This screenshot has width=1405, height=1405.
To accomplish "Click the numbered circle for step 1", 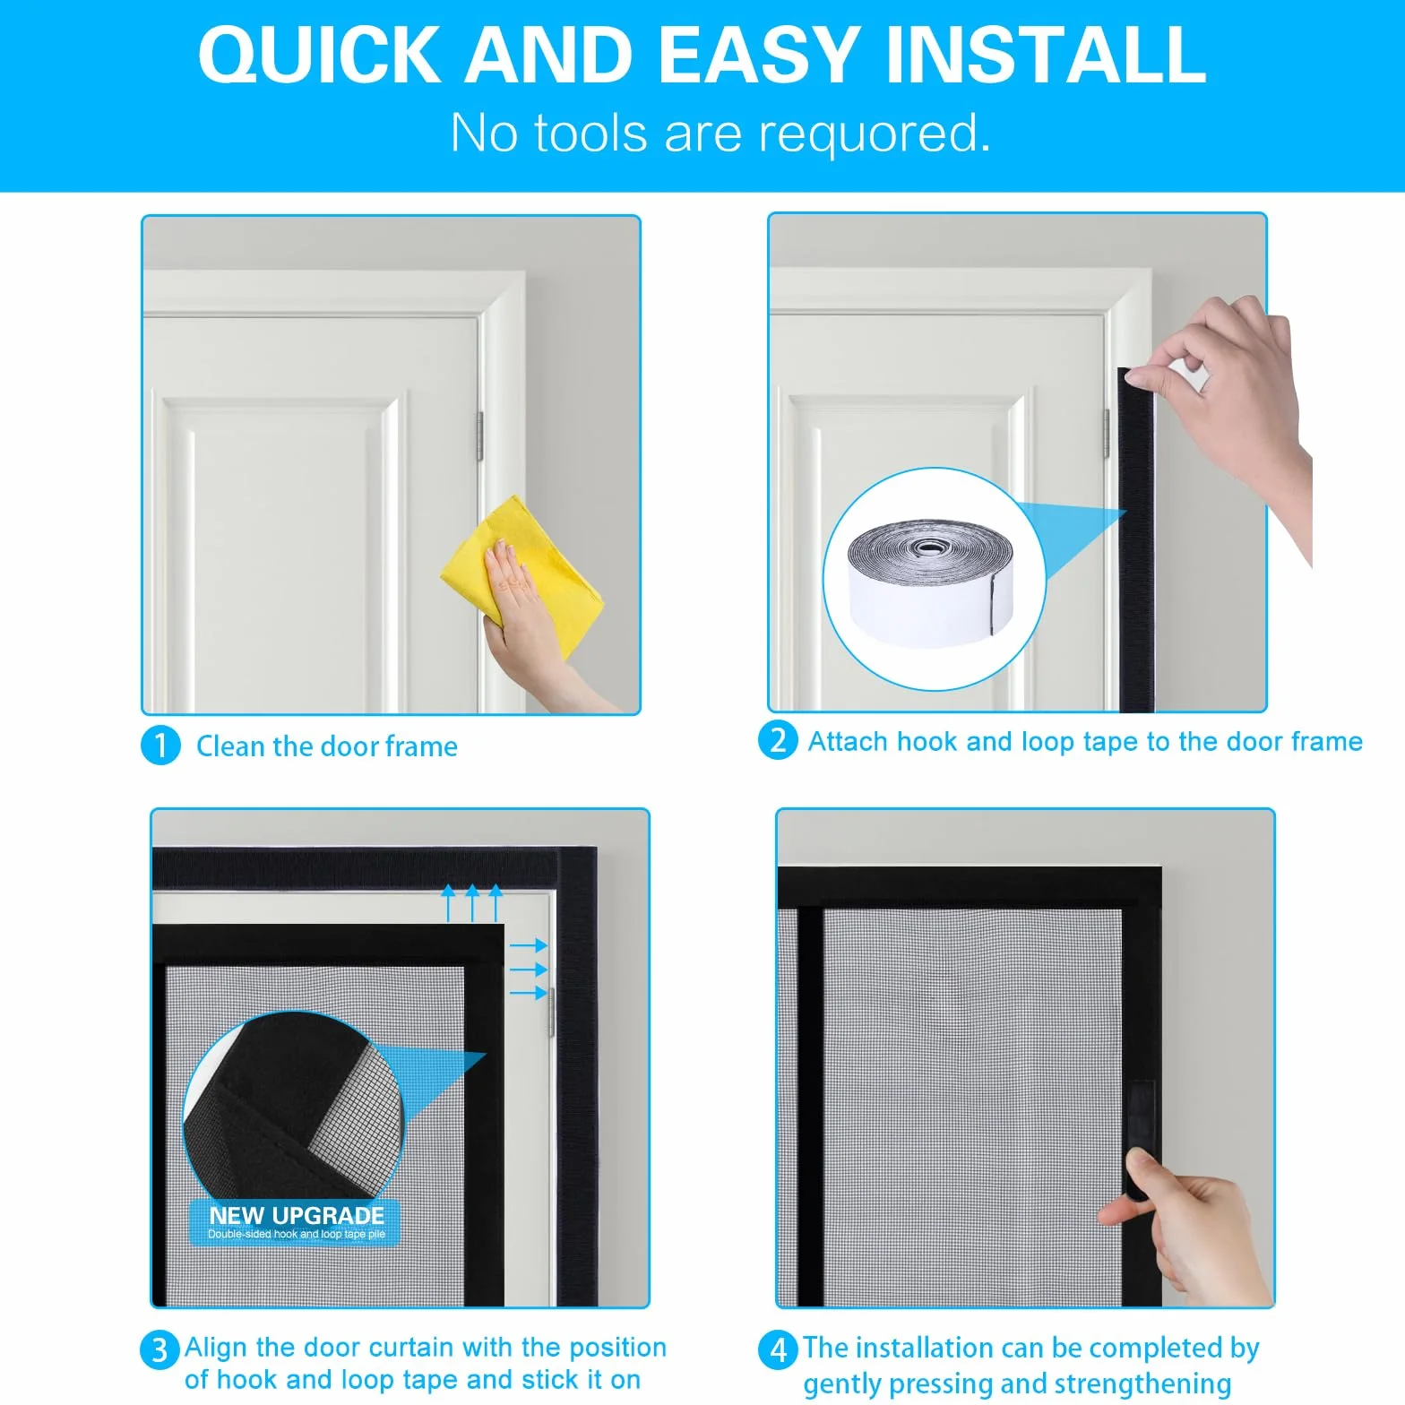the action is (161, 746).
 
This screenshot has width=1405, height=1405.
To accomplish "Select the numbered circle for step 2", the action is (778, 741).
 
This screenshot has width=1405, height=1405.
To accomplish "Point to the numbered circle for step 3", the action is (159, 1349).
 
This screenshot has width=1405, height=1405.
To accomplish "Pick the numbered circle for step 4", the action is (778, 1349).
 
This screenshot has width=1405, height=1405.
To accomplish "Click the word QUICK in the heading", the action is (319, 56).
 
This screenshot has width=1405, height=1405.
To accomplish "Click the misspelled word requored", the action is (875, 134).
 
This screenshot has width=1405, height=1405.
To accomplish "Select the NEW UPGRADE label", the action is (297, 1216).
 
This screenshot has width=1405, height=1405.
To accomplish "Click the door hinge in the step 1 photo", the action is (479, 436).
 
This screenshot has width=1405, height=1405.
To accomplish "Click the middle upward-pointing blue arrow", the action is (472, 904).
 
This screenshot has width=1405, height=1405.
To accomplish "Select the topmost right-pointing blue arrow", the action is (529, 945).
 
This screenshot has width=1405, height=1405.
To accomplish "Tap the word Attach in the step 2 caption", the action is (848, 741).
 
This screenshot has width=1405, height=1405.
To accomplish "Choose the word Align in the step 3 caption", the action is (216, 1349).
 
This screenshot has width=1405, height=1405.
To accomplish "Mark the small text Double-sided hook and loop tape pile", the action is (297, 1235).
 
